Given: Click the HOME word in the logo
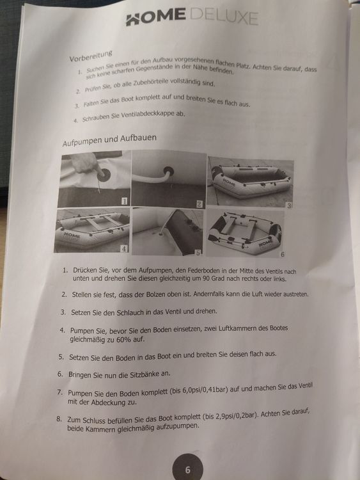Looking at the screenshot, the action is click(155, 18).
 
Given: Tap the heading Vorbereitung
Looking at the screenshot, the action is click(91, 56).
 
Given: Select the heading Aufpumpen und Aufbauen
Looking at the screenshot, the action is click(109, 140).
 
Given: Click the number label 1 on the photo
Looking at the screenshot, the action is click(124, 201).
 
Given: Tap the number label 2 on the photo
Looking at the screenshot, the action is click(199, 204).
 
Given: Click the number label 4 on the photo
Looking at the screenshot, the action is click(124, 249).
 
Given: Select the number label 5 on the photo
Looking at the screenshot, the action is click(198, 253).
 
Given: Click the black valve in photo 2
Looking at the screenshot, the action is click(169, 172).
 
